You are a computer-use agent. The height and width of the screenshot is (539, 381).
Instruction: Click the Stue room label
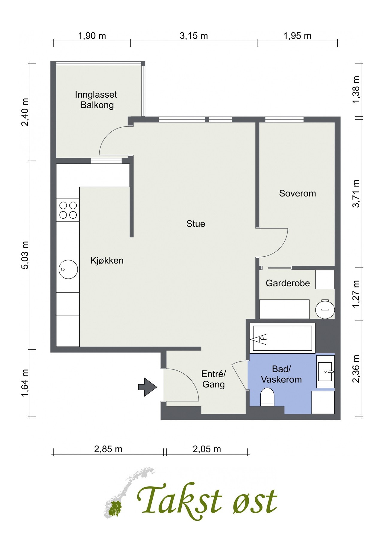pyautogui.click(x=196, y=224)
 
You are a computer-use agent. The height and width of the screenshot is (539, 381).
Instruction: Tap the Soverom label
pyautogui.click(x=297, y=193)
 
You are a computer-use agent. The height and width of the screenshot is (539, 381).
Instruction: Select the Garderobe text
pyautogui.click(x=288, y=283)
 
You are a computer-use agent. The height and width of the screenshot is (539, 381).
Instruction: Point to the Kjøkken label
pyautogui.click(x=107, y=261)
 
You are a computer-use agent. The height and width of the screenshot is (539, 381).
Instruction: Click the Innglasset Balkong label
pyautogui.click(x=96, y=100)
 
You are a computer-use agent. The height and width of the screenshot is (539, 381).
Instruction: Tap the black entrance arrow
pyautogui.click(x=148, y=387)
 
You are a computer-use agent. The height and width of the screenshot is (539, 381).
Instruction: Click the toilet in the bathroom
pyautogui.click(x=267, y=397)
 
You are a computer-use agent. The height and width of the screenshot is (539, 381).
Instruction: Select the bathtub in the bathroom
pyautogui.click(x=283, y=338)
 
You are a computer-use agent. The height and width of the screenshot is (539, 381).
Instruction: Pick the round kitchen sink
pyautogui.click(x=68, y=269)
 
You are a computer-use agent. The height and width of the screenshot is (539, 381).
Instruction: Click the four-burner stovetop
pyautogui.click(x=68, y=210)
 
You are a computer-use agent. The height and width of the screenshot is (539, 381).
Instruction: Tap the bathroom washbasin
pyautogui.click(x=325, y=372)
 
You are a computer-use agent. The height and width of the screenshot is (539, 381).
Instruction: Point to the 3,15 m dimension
pyautogui.click(x=194, y=36)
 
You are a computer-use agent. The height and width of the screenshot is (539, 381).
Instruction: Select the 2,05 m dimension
pyautogui.click(x=207, y=449)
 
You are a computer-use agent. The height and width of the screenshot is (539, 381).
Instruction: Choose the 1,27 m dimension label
pyautogui.click(x=356, y=294)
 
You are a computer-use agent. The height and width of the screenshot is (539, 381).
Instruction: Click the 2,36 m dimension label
pyautogui.click(x=356, y=369)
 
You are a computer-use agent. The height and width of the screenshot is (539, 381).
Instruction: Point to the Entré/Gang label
pyautogui.click(x=213, y=379)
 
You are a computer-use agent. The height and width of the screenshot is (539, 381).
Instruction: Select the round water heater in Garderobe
pyautogui.click(x=325, y=309)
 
